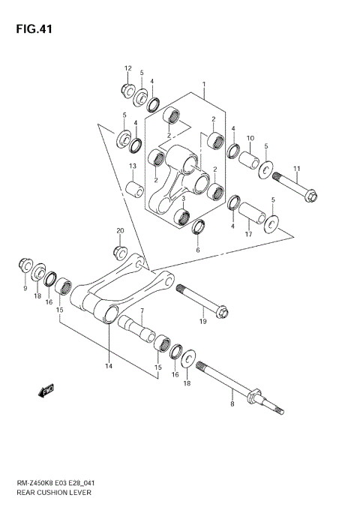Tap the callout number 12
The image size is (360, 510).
pyautogui.click(x=127, y=68)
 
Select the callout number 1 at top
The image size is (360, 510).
pyautogui.click(x=203, y=85)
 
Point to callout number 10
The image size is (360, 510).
pyautogui.click(x=250, y=138)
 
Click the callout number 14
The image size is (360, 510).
pyautogui.click(x=108, y=366)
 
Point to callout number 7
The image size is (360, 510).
pyautogui.click(x=140, y=310)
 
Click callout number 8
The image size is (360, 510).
pyautogui.click(x=232, y=403)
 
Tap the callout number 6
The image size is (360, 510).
pyautogui.click(x=197, y=250)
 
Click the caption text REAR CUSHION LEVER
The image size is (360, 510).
pyautogui.click(x=54, y=496)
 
